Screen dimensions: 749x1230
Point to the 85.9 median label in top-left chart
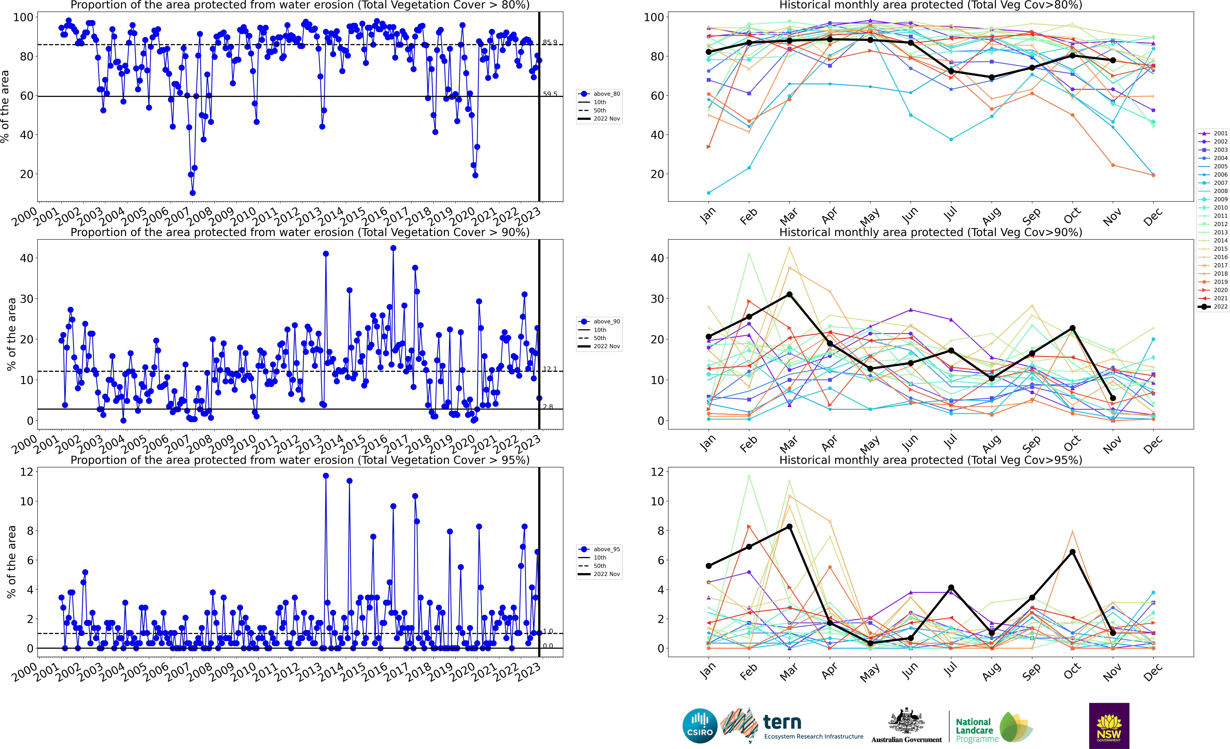tap(550, 42)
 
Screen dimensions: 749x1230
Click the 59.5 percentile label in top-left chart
tap(550, 94)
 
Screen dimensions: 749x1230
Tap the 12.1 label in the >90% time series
tap(550, 369)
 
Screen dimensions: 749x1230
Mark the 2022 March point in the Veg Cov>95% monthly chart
tap(789, 527)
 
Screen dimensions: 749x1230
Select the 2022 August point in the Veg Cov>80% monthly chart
tap(991, 77)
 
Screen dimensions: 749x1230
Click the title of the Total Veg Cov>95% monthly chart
tap(931, 460)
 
